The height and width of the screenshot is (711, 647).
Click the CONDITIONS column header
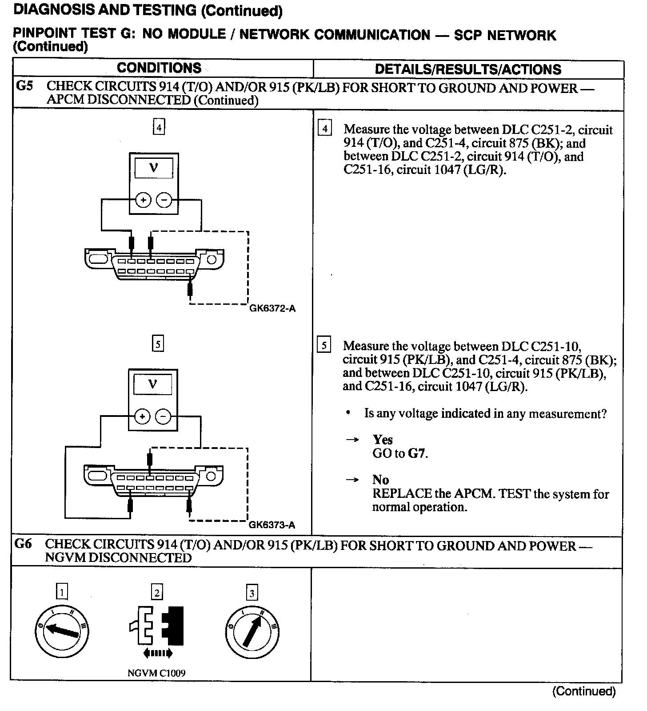tap(159, 68)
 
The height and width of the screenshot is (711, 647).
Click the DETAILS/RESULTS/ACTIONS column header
tap(468, 69)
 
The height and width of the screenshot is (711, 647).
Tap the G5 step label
tap(24, 86)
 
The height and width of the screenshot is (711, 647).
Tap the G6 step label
tap(23, 544)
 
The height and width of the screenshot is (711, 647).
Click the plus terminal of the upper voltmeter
tap(143, 200)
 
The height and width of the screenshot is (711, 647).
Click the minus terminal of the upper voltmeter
tap(164, 200)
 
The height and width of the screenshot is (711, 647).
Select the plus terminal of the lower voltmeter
tap(142, 417)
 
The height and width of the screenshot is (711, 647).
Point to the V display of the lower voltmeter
tap(153, 384)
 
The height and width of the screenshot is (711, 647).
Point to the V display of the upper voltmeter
tap(154, 168)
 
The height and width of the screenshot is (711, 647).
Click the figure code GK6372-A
tap(272, 308)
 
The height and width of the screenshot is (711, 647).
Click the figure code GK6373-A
tap(272, 525)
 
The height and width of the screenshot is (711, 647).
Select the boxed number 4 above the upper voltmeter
tap(159, 128)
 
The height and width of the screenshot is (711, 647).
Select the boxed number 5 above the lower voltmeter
tap(158, 344)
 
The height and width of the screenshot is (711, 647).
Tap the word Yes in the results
tap(383, 440)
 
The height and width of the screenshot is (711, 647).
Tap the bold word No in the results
tap(380, 480)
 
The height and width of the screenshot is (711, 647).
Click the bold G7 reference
tap(417, 454)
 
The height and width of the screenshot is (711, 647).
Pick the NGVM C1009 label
tap(156, 673)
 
